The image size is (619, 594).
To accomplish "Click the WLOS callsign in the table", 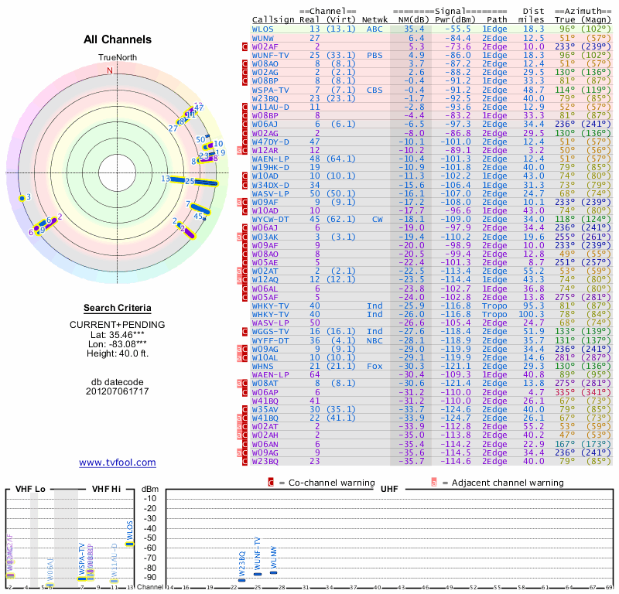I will [263, 29].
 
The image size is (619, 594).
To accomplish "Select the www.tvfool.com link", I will [117, 463].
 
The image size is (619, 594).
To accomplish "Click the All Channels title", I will [117, 39].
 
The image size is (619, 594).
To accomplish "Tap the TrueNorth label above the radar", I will [117, 58].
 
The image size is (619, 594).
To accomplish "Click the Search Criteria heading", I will [117, 308].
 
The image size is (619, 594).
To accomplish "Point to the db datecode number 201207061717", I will [117, 391].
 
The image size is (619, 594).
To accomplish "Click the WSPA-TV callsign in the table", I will [271, 90].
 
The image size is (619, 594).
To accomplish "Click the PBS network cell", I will [375, 55].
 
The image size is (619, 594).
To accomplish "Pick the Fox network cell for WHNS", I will [375, 366].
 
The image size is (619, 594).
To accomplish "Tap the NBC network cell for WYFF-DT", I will [375, 340].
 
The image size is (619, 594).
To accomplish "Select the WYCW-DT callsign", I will [271, 219].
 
